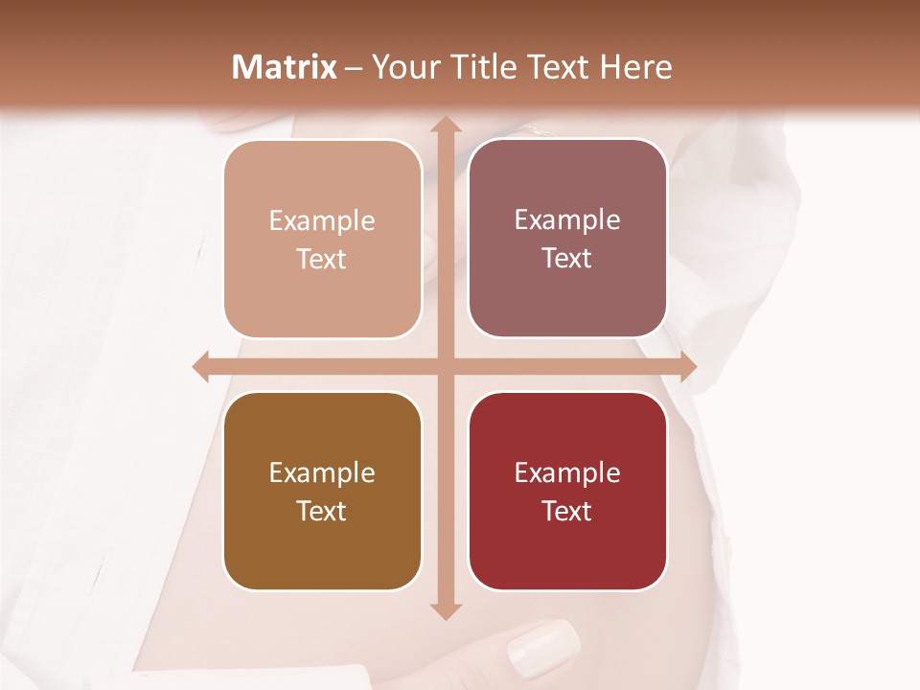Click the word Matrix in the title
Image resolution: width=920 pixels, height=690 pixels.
pyautogui.click(x=285, y=67)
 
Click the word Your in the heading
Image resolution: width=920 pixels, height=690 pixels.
pyautogui.click(x=405, y=67)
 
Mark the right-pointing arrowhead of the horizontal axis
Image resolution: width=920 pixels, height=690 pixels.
pyautogui.click(x=687, y=367)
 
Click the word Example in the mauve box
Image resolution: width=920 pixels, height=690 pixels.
pyautogui.click(x=567, y=219)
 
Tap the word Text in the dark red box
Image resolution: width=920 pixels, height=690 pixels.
pyautogui.click(x=567, y=511)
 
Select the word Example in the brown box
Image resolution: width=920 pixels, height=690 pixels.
pyautogui.click(x=322, y=472)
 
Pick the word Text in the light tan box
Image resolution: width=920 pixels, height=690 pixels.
pyautogui.click(x=322, y=259)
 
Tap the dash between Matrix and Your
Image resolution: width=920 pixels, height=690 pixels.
pyautogui.click(x=354, y=68)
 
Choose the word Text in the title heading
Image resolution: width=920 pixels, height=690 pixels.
pyautogui.click(x=558, y=67)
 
